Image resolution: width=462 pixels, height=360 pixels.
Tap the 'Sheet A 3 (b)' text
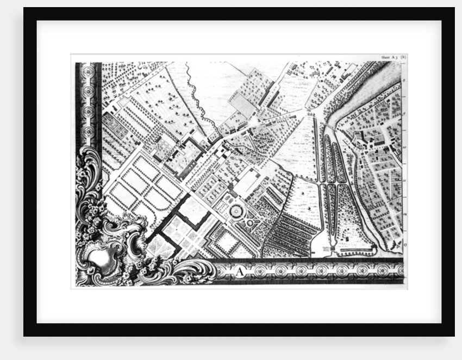(x=394, y=57)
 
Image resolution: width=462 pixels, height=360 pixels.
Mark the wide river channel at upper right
(x=361, y=92)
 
